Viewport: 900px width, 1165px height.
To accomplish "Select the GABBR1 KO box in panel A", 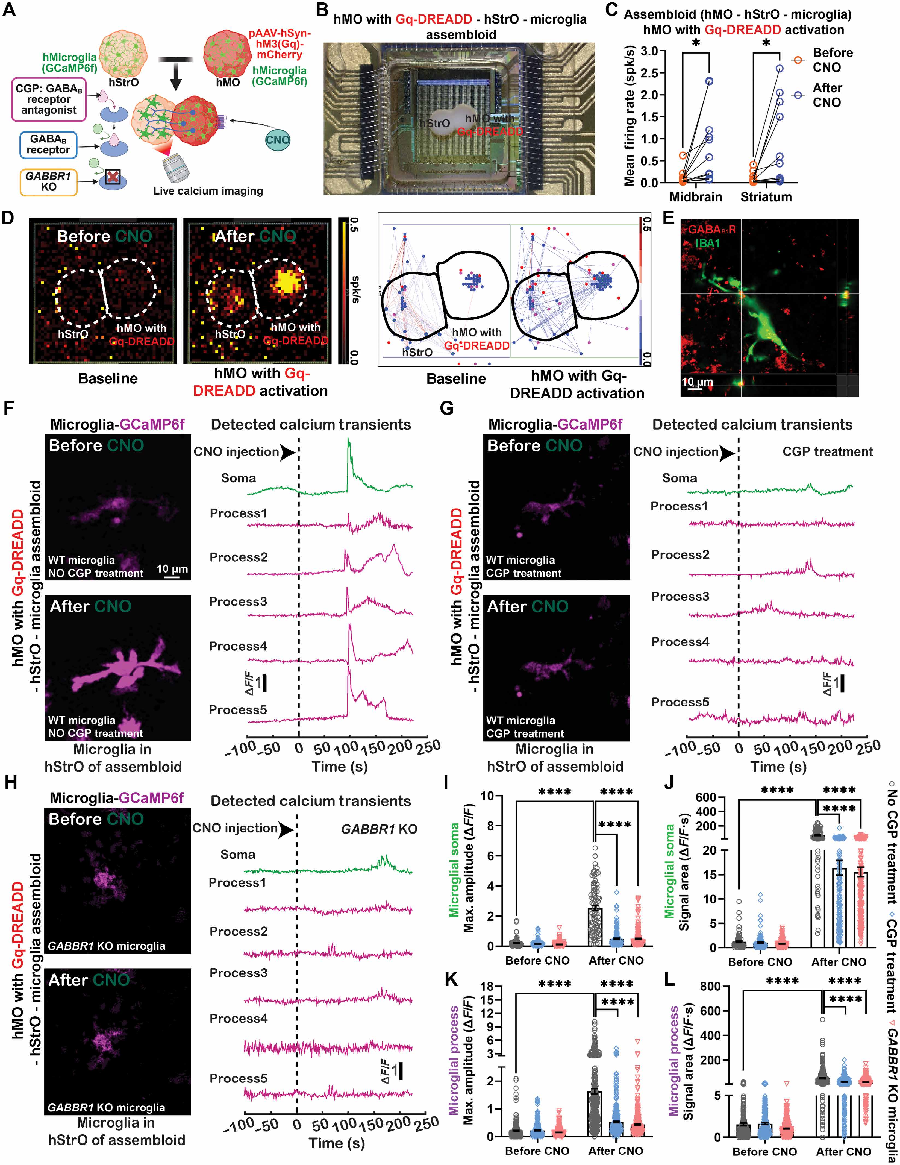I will [49, 181].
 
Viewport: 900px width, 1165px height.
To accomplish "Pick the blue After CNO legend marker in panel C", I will [797, 95].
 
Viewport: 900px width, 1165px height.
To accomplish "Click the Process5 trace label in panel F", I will [238, 709].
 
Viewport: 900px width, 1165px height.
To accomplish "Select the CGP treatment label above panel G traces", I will [828, 452].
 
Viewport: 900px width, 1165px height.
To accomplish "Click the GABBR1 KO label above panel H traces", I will [379, 829].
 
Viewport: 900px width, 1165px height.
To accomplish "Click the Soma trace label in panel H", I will [238, 855].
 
